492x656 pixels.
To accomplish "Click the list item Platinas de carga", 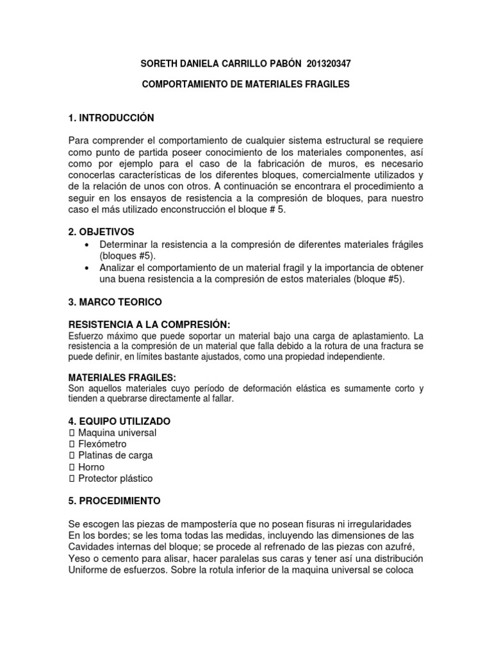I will (115, 455).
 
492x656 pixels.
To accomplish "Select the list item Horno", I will (91, 467).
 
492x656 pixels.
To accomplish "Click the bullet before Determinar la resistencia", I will (86, 245).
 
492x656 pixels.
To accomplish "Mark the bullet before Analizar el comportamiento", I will (86, 268).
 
